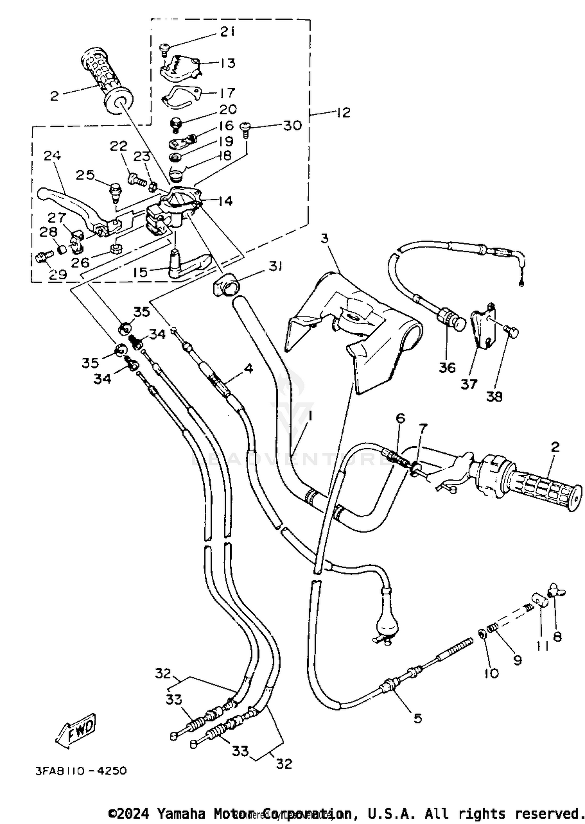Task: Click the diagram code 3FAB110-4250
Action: (81, 771)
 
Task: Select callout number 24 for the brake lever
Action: (52, 156)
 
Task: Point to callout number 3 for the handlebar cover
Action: (325, 238)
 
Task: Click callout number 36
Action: (447, 367)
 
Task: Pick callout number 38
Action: (494, 396)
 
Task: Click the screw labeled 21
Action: (164, 48)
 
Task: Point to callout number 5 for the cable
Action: (418, 718)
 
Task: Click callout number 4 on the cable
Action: (249, 368)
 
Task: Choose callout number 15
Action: (140, 272)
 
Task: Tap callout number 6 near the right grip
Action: (401, 418)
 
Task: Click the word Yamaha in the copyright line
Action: (180, 813)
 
